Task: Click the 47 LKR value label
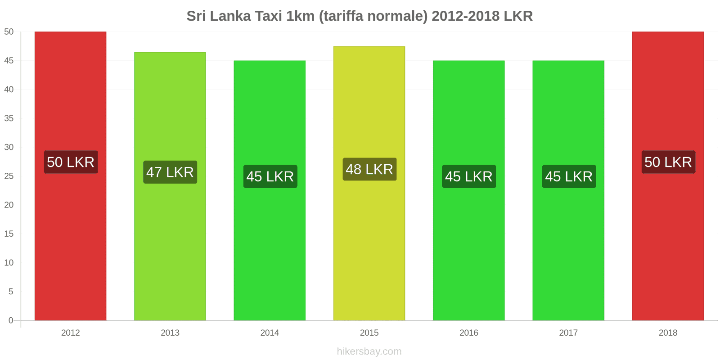click(x=170, y=172)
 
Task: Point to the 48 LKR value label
click(x=369, y=169)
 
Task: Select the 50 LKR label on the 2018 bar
click(x=668, y=162)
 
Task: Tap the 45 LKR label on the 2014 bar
click(x=270, y=176)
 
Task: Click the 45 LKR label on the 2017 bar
click(x=569, y=176)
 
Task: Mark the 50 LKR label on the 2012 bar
click(x=71, y=162)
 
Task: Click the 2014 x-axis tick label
click(x=270, y=333)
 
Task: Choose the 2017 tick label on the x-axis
click(x=568, y=333)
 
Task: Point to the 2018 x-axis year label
click(x=668, y=333)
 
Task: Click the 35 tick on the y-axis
click(x=9, y=118)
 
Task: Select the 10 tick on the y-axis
click(x=9, y=263)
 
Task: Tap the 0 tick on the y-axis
click(x=11, y=320)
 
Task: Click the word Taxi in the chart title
click(x=269, y=16)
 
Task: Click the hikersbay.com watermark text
click(x=369, y=351)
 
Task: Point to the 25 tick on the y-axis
click(x=9, y=176)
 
